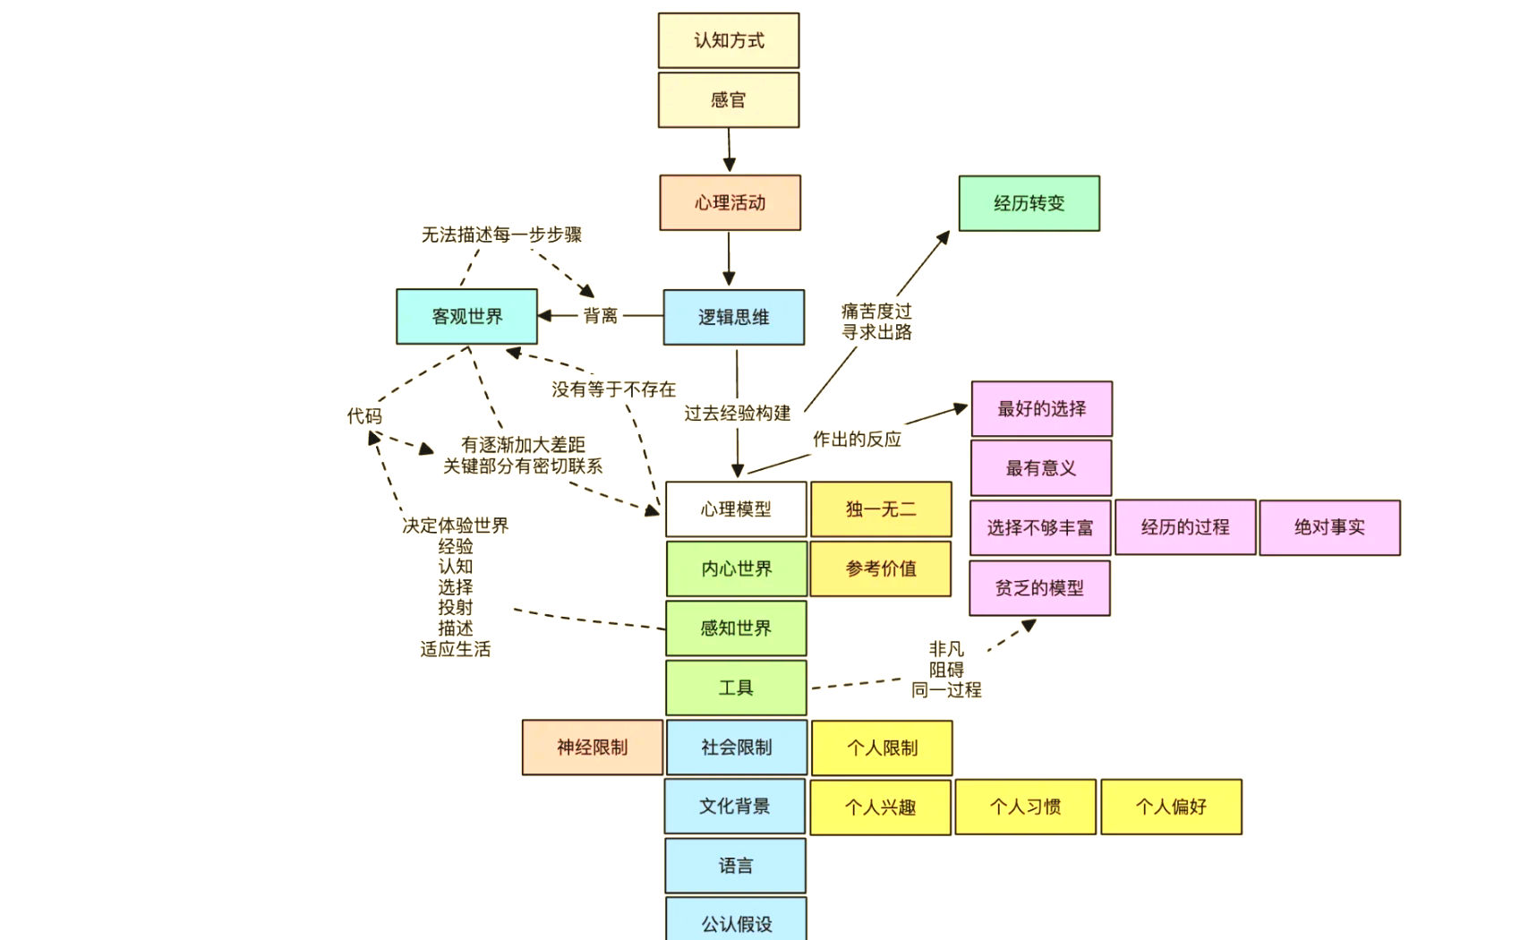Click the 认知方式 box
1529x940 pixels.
(729, 40)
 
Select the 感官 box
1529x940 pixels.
(729, 99)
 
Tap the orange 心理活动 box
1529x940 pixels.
(730, 203)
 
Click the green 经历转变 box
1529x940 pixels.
(1029, 203)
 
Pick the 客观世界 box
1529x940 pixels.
(466, 316)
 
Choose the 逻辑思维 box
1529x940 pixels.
(733, 317)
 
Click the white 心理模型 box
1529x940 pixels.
(735, 509)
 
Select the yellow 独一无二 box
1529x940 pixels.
(881, 509)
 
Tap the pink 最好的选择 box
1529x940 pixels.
(1041, 409)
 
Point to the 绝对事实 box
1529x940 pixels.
(1329, 527)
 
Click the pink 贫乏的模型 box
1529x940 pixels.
(1039, 588)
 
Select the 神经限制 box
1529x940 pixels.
(592, 748)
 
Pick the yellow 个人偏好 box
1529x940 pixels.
(1171, 807)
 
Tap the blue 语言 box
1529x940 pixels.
(735, 866)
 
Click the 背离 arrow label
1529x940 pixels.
(600, 316)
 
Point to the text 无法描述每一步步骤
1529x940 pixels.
(501, 235)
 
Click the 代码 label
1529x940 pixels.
(364, 416)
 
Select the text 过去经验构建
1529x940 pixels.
(738, 413)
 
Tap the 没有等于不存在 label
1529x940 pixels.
(613, 389)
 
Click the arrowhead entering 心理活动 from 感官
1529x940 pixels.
(730, 165)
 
